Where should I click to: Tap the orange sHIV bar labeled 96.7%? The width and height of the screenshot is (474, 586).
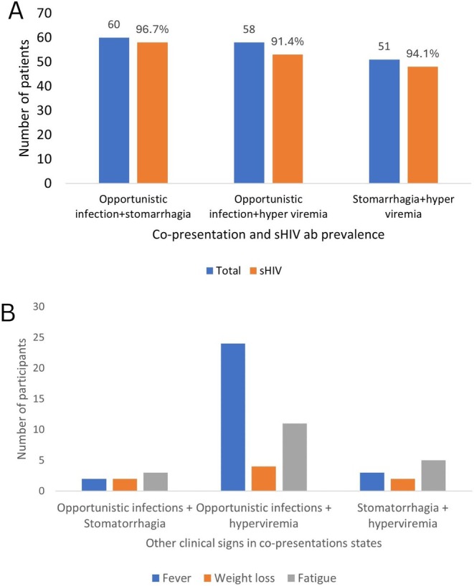(x=147, y=112)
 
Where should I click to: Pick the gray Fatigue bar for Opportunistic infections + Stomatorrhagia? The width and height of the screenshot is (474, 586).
(x=156, y=481)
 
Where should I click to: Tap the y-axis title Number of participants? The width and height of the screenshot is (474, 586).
(x=24, y=399)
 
